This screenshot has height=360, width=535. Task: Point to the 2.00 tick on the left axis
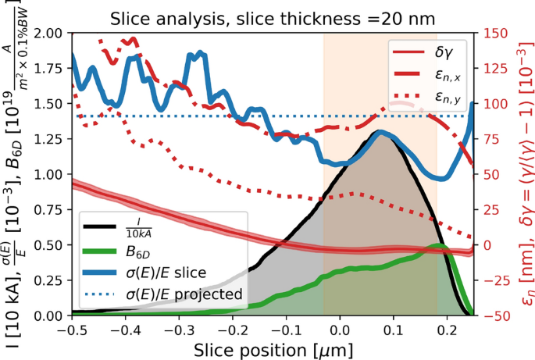(x=52, y=34)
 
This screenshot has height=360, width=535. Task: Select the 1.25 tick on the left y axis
(x=52, y=139)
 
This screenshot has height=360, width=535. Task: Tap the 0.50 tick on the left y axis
(x=52, y=245)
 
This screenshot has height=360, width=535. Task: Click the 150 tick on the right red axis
(x=496, y=34)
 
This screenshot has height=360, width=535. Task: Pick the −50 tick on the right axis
(x=496, y=315)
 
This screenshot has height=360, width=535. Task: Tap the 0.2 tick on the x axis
(x=447, y=329)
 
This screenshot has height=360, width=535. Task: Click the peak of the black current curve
(x=380, y=131)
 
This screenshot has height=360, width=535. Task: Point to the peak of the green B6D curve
(x=440, y=246)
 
